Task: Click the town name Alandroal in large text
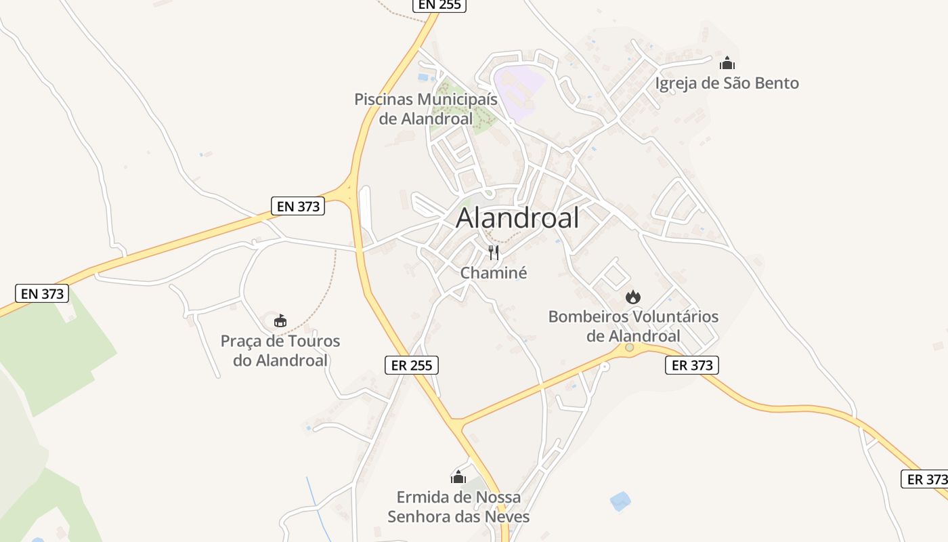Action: (x=518, y=218)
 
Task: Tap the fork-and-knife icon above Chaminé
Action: (x=494, y=253)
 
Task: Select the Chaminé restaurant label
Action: (x=494, y=273)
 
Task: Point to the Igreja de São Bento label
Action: (x=727, y=83)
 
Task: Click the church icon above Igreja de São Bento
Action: (x=727, y=64)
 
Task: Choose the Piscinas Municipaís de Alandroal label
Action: (x=426, y=108)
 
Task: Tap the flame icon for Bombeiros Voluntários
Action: (x=633, y=297)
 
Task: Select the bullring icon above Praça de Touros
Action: (x=280, y=320)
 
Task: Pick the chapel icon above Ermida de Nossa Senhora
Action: (x=458, y=477)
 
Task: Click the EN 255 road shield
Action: (x=439, y=5)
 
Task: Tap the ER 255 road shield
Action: (x=412, y=365)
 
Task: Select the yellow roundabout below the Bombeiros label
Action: (x=629, y=348)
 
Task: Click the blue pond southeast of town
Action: (x=620, y=501)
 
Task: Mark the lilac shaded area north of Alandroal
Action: (x=520, y=85)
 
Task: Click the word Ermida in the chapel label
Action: (x=421, y=497)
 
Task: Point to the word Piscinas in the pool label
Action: (x=383, y=100)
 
